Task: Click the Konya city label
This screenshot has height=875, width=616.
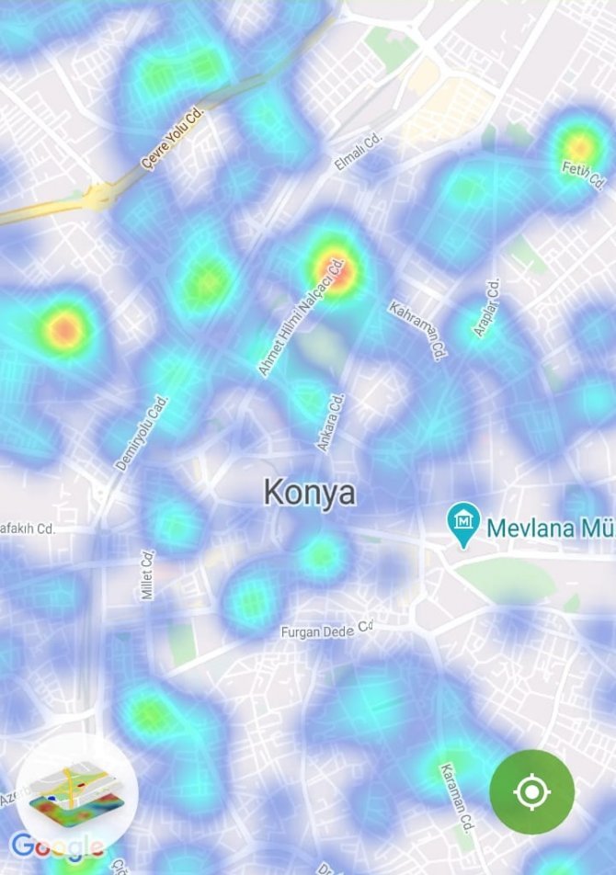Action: [x=309, y=493]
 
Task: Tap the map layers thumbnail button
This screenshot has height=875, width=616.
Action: [x=76, y=792]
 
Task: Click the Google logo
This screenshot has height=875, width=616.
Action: [x=57, y=847]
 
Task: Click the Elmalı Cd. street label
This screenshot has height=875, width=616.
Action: [x=358, y=152]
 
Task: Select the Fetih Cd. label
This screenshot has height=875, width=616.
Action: [x=583, y=173]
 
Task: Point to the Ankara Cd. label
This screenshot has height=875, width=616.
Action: [x=330, y=422]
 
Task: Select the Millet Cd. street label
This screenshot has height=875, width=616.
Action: [x=148, y=575]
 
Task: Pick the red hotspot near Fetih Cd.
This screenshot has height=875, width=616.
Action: [x=579, y=147]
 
